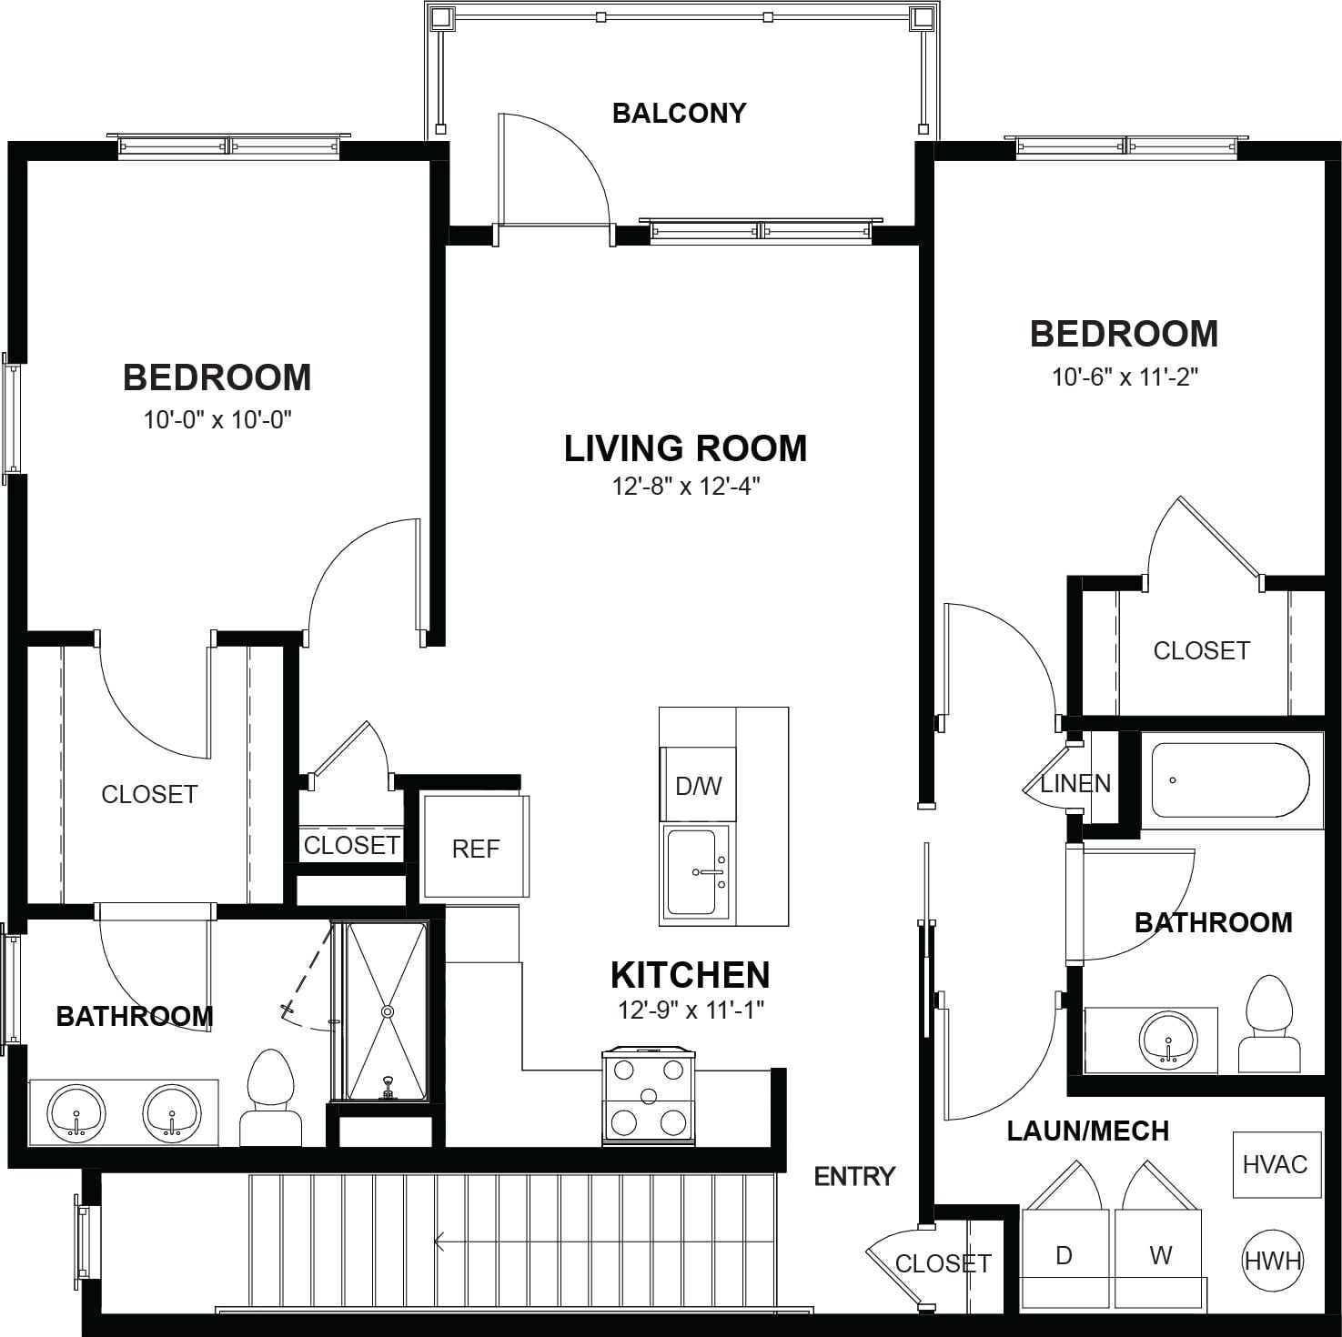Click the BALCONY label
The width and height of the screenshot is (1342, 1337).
[679, 113]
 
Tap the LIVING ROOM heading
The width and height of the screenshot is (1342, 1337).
[685, 448]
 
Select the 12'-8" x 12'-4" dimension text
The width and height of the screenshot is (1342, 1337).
[685, 487]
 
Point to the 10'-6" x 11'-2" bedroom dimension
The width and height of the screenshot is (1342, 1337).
[1125, 377]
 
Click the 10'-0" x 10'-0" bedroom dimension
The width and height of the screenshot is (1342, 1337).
[217, 419]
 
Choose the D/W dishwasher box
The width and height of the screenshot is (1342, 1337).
[698, 785]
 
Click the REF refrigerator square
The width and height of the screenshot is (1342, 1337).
[475, 847]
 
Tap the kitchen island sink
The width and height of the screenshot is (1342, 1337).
[697, 872]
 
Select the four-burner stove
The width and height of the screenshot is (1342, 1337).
[649, 1097]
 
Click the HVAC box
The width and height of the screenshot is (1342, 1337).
[1274, 1165]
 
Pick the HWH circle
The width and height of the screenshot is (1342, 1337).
[1273, 1261]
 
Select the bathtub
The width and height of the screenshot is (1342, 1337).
[1230, 780]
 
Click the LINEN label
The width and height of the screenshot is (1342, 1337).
[1075, 783]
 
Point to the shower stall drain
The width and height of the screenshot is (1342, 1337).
[388, 1010]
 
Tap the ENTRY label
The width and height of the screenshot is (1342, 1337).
[854, 1176]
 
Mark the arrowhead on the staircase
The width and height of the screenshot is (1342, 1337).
[440, 1241]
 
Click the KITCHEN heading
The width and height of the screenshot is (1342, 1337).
[690, 975]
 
